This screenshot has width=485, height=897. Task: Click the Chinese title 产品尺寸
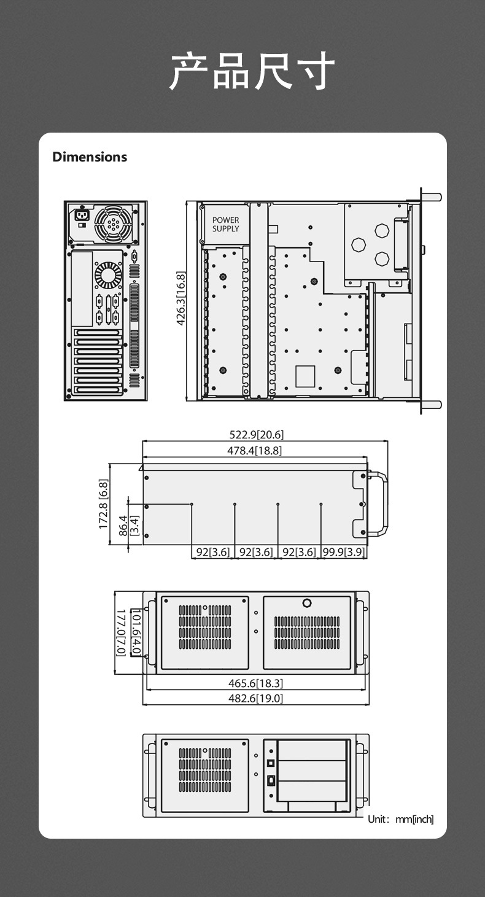(x=252, y=71)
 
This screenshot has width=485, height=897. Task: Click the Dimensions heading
(x=90, y=157)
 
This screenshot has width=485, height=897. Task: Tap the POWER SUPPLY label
(x=225, y=224)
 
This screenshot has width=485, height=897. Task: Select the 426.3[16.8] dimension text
(x=180, y=298)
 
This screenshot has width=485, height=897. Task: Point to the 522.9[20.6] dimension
(x=257, y=435)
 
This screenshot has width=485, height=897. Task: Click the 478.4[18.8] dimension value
(x=255, y=451)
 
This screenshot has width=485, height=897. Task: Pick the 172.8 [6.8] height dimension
(x=103, y=504)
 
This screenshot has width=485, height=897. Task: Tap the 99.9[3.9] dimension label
(x=344, y=552)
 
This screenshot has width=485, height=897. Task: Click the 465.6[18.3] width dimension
(x=255, y=683)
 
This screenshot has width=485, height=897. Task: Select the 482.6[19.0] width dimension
(x=255, y=698)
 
